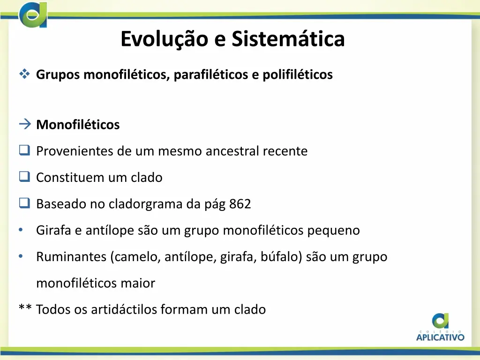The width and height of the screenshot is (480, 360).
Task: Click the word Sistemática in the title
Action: pos(288,39)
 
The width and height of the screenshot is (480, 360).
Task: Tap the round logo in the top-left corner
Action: pos(33,15)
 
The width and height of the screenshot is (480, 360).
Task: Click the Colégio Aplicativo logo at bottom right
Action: pos(440,327)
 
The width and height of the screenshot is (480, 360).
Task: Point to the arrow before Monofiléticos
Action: pos(25,124)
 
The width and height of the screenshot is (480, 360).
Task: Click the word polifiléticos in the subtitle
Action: pos(297,75)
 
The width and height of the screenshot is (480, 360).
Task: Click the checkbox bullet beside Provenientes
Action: pos(24,151)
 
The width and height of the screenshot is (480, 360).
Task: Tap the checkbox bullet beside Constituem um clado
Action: pos(24,177)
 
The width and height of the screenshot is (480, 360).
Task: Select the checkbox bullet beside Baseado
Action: pos(24,203)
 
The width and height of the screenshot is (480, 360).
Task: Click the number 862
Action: pos(240,204)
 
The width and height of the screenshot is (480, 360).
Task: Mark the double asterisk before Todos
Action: pos(25,308)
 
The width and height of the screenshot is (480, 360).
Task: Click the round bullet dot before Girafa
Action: pos(21,230)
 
